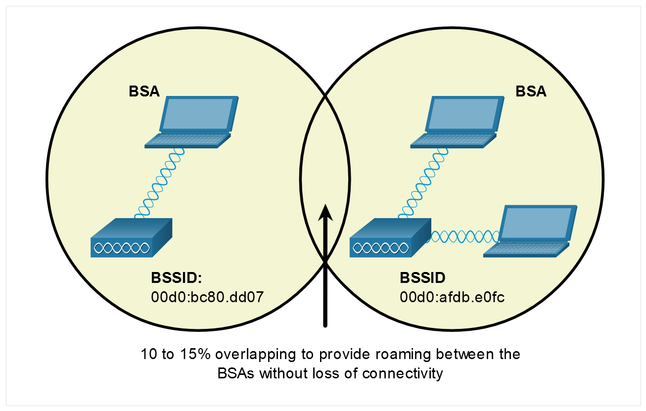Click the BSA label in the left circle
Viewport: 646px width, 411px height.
point(144,91)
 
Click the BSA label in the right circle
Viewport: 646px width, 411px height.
point(531,91)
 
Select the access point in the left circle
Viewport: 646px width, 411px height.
point(131,238)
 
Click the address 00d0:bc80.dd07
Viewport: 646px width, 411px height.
point(207,297)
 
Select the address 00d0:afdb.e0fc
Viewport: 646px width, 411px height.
point(452,297)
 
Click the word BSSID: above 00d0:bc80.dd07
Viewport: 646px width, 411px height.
point(177,277)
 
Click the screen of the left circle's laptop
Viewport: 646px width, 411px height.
point(197,114)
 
